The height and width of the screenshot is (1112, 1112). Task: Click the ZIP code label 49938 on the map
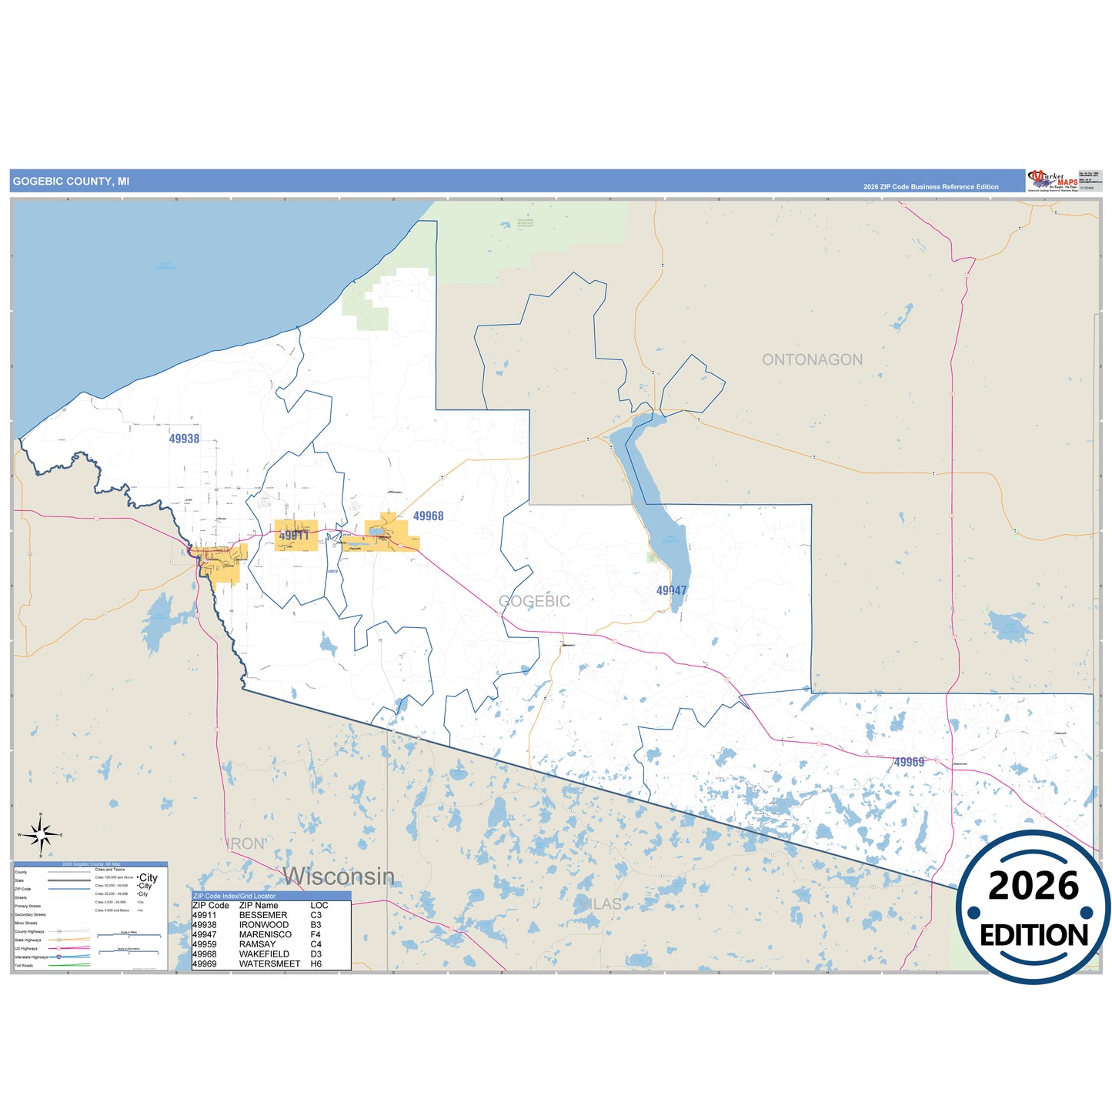(x=184, y=439)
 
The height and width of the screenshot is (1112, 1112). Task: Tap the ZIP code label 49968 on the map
(x=428, y=516)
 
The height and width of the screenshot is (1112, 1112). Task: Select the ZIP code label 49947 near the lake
(x=671, y=590)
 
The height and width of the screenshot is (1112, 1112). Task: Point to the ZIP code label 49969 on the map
(x=909, y=762)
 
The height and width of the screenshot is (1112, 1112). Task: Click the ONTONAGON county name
(x=812, y=359)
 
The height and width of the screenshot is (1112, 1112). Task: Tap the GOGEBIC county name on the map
(x=534, y=601)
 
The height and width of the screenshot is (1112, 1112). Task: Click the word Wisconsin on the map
(x=339, y=876)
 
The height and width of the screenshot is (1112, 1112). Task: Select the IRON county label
(x=246, y=843)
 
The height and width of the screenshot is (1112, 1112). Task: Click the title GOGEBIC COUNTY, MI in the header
(x=71, y=182)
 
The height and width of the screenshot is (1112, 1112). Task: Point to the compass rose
(x=41, y=834)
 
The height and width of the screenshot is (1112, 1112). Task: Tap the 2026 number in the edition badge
(x=1033, y=886)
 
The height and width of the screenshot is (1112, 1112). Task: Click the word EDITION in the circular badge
(x=1034, y=935)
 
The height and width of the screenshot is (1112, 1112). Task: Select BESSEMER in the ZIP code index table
(x=262, y=915)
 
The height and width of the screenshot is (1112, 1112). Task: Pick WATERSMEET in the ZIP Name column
(x=269, y=963)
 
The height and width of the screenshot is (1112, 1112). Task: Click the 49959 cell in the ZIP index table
(x=204, y=944)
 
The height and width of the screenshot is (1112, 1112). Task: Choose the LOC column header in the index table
(x=319, y=905)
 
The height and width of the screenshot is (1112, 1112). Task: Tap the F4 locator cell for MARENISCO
(x=316, y=934)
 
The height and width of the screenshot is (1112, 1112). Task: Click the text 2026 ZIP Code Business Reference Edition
(x=930, y=187)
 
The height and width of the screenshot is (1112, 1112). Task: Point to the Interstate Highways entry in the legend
(x=31, y=957)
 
